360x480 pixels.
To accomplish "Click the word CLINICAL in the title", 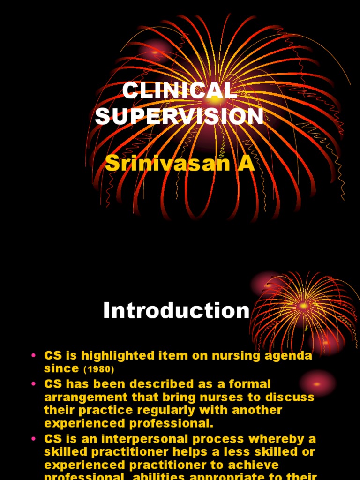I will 180,90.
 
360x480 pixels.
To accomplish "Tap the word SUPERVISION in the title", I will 180,116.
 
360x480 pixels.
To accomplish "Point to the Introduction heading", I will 176,311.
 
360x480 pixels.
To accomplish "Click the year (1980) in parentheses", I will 99,369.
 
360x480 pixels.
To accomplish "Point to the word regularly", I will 153,410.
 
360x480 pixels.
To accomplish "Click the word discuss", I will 292,397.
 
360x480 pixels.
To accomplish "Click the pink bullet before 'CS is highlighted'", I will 33,356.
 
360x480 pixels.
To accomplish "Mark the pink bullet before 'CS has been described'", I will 33,384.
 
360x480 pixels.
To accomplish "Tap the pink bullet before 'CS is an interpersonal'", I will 33,439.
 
